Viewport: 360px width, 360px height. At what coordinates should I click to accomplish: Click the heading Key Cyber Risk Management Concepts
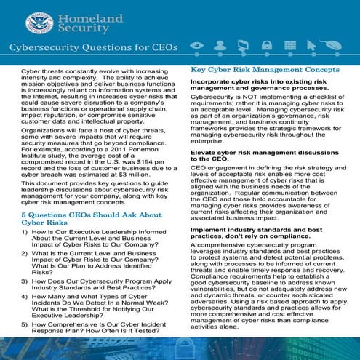(265, 70)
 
